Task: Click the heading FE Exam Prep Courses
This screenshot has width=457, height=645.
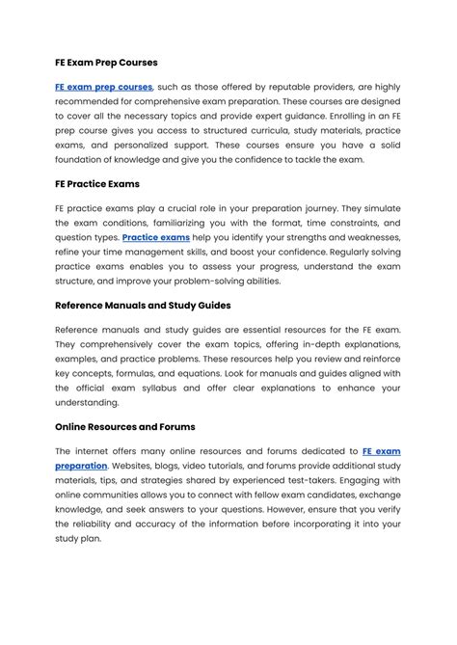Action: (x=106, y=63)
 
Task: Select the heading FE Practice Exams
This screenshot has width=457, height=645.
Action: (x=97, y=182)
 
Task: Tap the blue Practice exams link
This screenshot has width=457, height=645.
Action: (x=156, y=236)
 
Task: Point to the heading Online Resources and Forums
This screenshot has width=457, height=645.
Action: (x=125, y=425)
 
